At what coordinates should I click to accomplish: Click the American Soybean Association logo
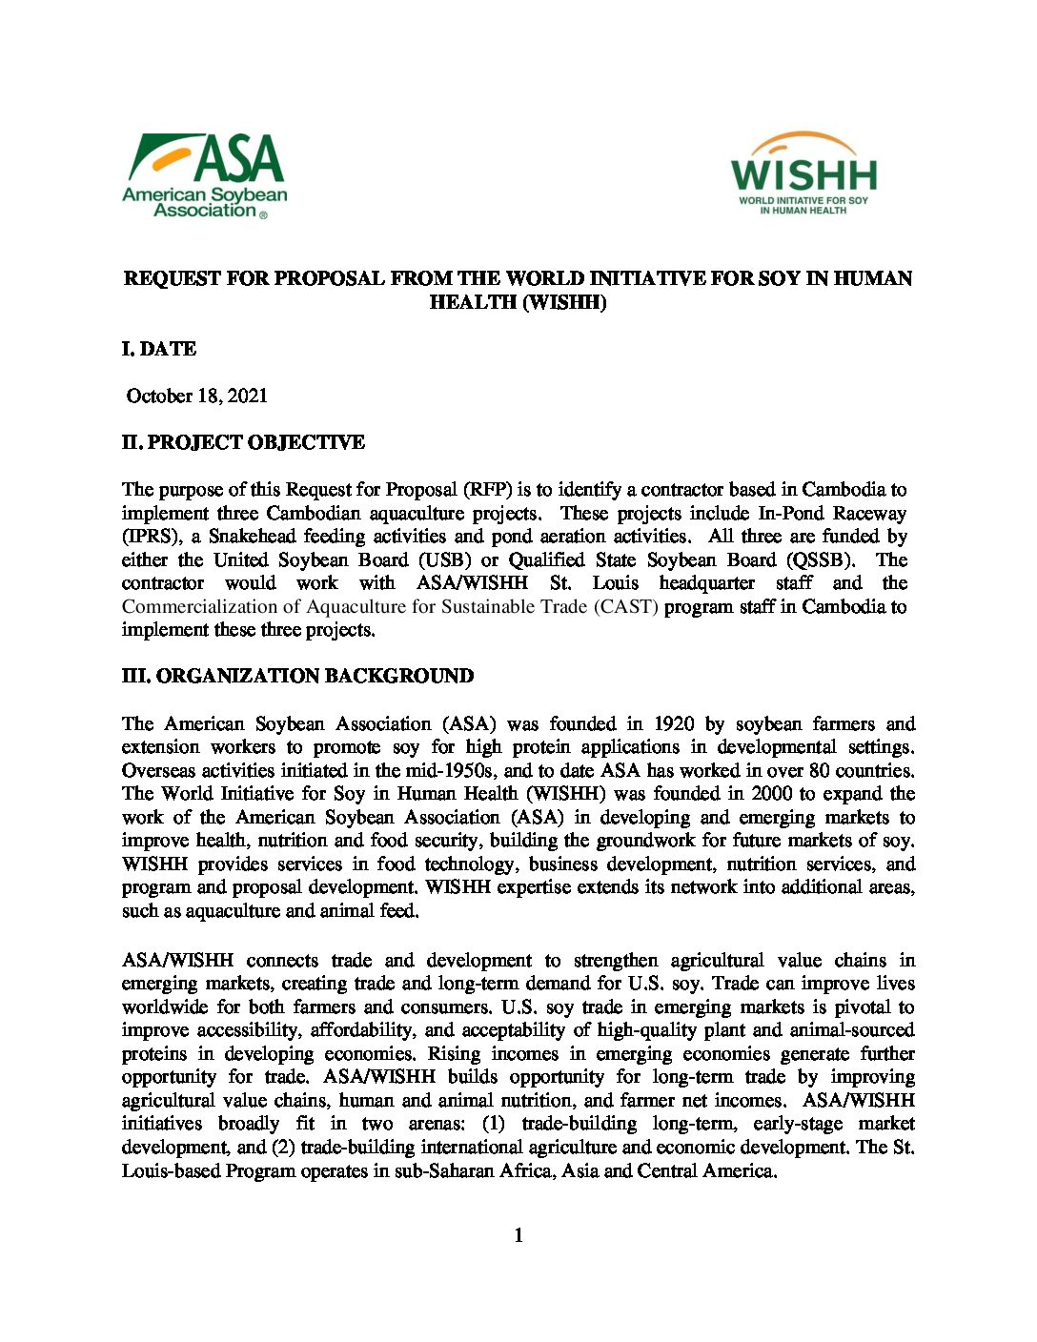point(204,176)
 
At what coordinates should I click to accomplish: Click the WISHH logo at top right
point(803,173)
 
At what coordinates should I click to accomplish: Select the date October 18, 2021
point(196,396)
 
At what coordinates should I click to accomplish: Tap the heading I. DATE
point(159,349)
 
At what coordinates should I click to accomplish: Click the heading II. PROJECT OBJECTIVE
point(243,442)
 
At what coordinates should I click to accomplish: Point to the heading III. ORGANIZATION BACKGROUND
point(297,676)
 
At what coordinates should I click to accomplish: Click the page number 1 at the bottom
point(518,1235)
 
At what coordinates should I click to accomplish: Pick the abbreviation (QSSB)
point(817,559)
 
